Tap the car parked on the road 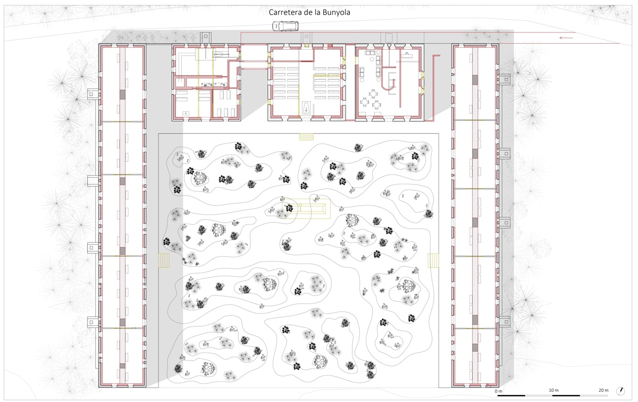click(286, 26)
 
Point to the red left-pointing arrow click(566, 38)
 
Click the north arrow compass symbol click(621, 391)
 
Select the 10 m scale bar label click(553, 390)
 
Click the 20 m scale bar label click(603, 390)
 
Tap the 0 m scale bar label click(499, 391)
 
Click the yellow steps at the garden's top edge click(306, 137)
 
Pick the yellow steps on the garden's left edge click(164, 261)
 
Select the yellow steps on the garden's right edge click(433, 261)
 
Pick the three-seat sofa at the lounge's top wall click(370, 53)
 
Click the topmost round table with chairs click(373, 93)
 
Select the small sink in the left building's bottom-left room click(186, 113)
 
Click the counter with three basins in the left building click(214, 85)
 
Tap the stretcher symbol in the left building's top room click(219, 53)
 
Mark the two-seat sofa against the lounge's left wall click(362, 72)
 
